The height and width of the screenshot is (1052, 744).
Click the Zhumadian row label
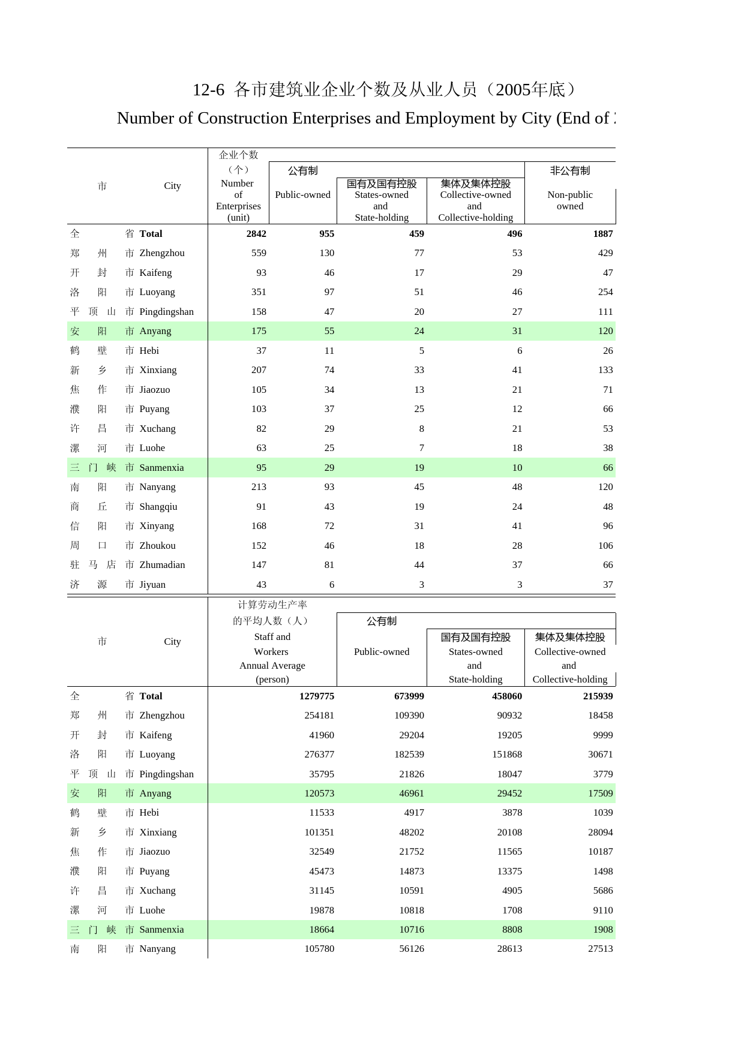pyautogui.click(x=162, y=565)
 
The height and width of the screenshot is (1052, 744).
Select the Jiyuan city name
pyautogui.click(x=152, y=585)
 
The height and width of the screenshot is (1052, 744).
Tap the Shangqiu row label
pyautogui.click(x=158, y=507)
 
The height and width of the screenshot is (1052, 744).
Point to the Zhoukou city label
pyautogui.click(x=157, y=546)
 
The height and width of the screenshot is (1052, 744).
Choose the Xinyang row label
pyautogui.click(x=157, y=526)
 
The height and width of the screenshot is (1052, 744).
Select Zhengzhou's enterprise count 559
pyautogui.click(x=259, y=253)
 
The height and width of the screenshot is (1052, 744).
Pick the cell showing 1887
pyautogui.click(x=602, y=234)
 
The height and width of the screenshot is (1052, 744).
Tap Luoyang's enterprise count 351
pyautogui.click(x=259, y=292)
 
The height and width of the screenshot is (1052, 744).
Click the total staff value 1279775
pyautogui.click(x=316, y=696)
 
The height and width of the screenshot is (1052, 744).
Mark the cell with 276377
pyautogui.click(x=319, y=755)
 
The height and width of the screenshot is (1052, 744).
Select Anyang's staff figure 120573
pyautogui.click(x=319, y=793)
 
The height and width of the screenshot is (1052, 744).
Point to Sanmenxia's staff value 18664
pyautogui.click(x=321, y=930)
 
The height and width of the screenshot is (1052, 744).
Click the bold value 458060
pyautogui.click(x=506, y=696)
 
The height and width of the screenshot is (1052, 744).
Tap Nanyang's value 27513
pyautogui.click(x=600, y=949)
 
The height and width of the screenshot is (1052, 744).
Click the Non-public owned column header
pyautogui.click(x=570, y=200)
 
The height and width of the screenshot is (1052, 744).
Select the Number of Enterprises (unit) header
pyautogui.click(x=238, y=200)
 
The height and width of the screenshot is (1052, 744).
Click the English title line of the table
pyautogui.click(x=366, y=118)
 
